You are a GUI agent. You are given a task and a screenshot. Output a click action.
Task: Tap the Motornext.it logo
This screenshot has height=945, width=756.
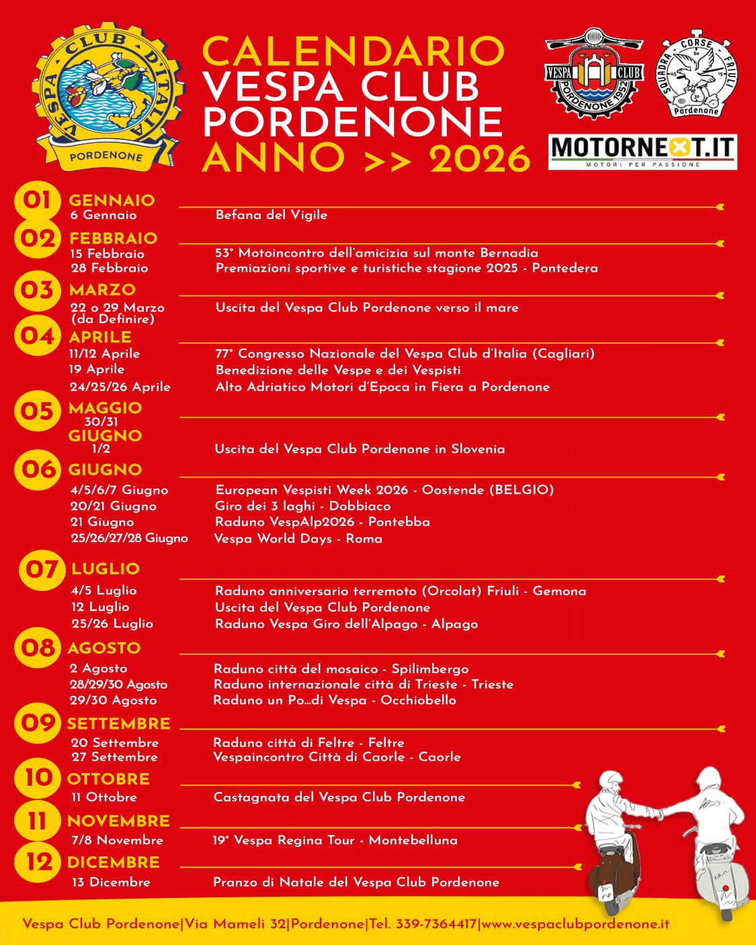642,151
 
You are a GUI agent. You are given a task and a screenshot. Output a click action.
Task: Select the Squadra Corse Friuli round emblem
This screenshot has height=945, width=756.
697,73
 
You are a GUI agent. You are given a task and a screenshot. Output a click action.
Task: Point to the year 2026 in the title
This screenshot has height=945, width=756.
480,159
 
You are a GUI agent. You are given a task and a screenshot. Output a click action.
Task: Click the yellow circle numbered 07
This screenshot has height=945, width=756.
42,570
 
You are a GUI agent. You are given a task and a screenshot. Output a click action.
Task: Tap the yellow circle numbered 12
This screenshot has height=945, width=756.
39,861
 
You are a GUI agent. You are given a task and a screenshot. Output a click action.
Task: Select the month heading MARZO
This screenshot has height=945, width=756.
102,289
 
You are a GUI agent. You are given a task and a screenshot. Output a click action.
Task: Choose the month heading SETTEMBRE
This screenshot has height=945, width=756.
118,723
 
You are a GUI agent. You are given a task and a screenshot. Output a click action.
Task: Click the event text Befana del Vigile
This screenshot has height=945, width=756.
271,215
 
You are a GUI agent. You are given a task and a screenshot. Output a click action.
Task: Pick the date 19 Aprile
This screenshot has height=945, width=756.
97,369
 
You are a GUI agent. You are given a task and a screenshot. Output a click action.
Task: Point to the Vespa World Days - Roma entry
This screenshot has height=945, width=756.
298,538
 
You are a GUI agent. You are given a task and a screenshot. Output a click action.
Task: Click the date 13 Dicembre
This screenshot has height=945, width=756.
111,882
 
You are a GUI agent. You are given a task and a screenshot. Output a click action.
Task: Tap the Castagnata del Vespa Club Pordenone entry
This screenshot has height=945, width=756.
339,797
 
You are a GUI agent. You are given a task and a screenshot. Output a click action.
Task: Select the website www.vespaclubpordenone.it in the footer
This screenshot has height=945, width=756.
576,924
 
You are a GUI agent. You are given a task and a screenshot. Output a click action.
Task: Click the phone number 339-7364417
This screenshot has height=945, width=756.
436,924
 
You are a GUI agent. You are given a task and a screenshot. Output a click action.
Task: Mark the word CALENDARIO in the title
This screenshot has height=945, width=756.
353,50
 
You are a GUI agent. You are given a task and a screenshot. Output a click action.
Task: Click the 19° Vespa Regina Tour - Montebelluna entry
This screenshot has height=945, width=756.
335,840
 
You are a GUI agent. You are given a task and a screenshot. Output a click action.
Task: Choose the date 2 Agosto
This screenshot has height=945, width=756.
98,668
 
